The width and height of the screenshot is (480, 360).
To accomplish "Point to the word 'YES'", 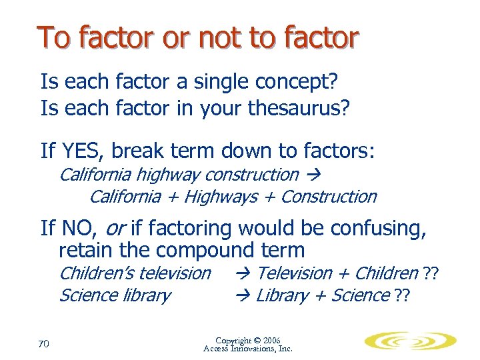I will (x=83, y=151).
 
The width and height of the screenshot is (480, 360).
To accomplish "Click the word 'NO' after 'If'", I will (x=78, y=229).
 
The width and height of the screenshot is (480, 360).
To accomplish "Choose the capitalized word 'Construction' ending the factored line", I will (x=329, y=197).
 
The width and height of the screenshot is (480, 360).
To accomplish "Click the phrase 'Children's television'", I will (x=135, y=273).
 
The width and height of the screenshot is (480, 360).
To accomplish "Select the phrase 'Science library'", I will (x=115, y=295).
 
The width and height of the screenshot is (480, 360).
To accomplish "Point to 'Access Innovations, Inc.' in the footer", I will (x=248, y=349).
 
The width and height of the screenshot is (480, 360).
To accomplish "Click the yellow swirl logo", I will (x=410, y=342).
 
